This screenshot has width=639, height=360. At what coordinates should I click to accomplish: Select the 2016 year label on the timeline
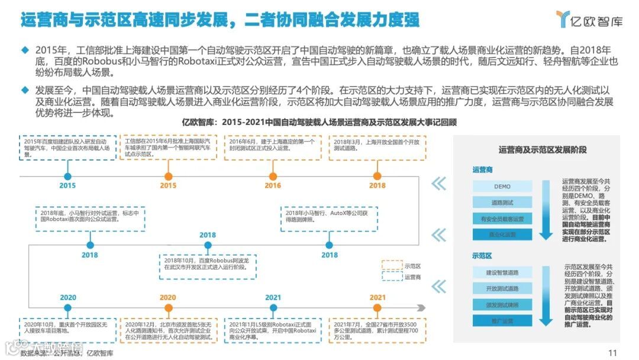point(273,185)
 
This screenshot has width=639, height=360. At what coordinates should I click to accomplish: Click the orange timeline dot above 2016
point(273,176)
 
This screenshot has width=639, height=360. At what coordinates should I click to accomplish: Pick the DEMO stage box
point(502,187)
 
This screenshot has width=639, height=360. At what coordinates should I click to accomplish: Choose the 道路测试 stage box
point(502,202)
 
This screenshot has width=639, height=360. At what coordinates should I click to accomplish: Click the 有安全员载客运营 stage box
point(502,219)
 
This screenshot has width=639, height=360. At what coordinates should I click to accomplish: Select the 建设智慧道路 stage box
point(502,272)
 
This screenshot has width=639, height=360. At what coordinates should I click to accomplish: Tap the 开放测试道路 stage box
point(502,288)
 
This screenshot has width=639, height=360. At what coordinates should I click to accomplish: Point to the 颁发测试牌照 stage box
point(502,304)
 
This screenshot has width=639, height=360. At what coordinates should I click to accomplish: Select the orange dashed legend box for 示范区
point(391,265)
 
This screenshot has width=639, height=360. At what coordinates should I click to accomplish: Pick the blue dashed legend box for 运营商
point(391,277)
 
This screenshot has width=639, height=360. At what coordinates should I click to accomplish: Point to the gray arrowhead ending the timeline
point(421,307)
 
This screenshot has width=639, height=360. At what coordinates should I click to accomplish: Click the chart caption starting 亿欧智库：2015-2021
point(320,123)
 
